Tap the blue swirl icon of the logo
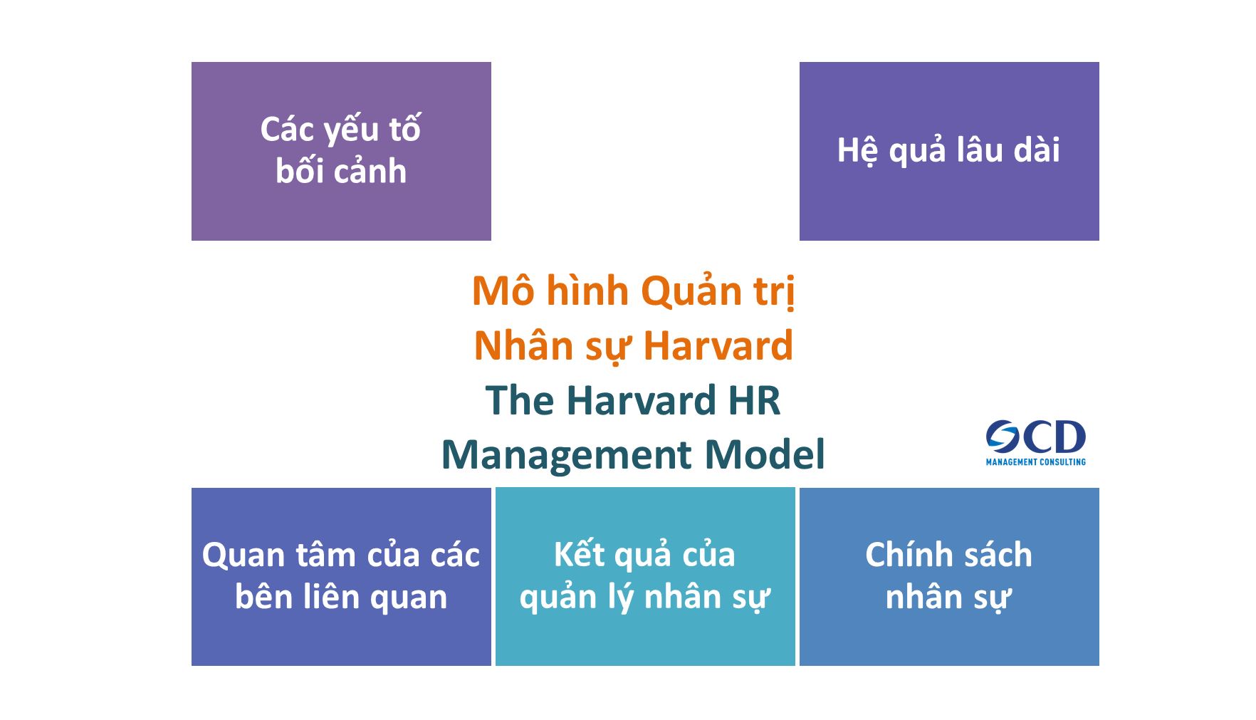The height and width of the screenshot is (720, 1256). (1003, 437)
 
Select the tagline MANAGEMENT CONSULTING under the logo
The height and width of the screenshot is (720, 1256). (1035, 462)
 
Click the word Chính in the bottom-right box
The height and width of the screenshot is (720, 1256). (904, 555)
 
